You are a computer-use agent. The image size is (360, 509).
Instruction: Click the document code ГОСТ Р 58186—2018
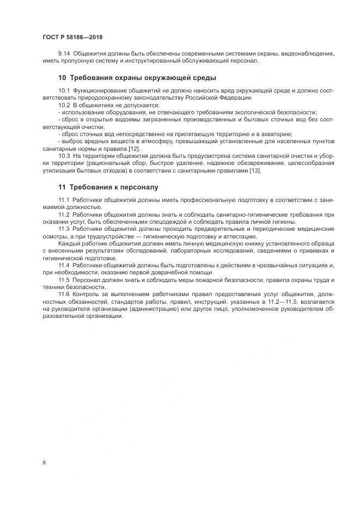pyautogui.click(x=72, y=37)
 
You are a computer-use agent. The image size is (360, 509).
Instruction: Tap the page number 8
pyautogui.click(x=44, y=463)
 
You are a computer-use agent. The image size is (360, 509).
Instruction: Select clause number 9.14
pyautogui.click(x=64, y=53)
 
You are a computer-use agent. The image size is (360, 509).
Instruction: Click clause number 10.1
pyautogui.click(x=64, y=90)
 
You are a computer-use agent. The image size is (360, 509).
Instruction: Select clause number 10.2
pyautogui.click(x=64, y=105)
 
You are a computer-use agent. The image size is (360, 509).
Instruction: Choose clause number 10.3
pyautogui.click(x=64, y=156)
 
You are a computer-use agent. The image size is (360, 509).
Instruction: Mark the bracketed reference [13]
pyautogui.click(x=254, y=171)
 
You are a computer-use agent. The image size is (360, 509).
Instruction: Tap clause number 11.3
pyautogui.click(x=64, y=230)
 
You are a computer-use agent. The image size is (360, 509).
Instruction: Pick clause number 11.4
pyautogui.click(x=64, y=265)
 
